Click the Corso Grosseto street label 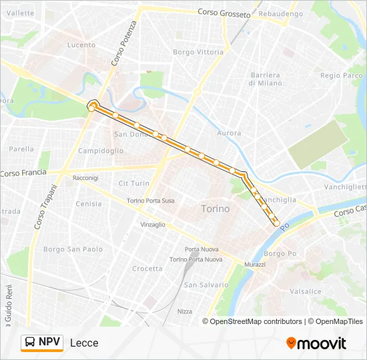224,13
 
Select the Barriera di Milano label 264,79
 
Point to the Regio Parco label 341,75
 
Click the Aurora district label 229,133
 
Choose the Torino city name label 215,209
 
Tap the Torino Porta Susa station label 151,201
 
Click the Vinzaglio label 153,225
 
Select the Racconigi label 85,178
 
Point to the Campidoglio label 101,151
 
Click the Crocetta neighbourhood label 147,269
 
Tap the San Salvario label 206,285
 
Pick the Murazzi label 254,265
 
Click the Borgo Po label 280,253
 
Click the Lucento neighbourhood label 81,45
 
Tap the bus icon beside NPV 30,343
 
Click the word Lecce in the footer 84,343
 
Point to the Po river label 284,228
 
